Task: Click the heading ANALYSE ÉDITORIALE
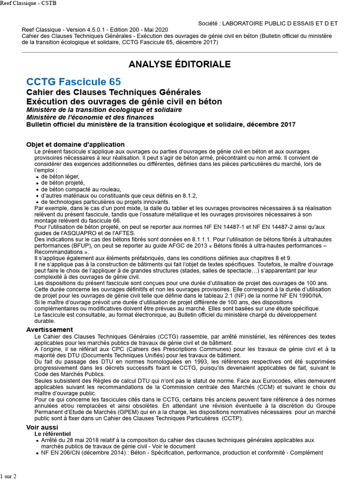[180, 64]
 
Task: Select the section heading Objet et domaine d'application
[75, 144]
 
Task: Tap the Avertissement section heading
[50, 330]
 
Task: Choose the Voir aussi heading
[42, 427]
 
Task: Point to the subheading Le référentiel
[52, 434]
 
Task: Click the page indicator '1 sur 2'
[8, 476]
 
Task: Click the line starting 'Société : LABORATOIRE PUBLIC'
[268, 23]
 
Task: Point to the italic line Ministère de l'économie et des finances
[90, 117]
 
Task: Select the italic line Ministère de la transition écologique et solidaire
[104, 110]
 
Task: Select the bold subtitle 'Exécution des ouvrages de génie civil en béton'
[124, 101]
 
